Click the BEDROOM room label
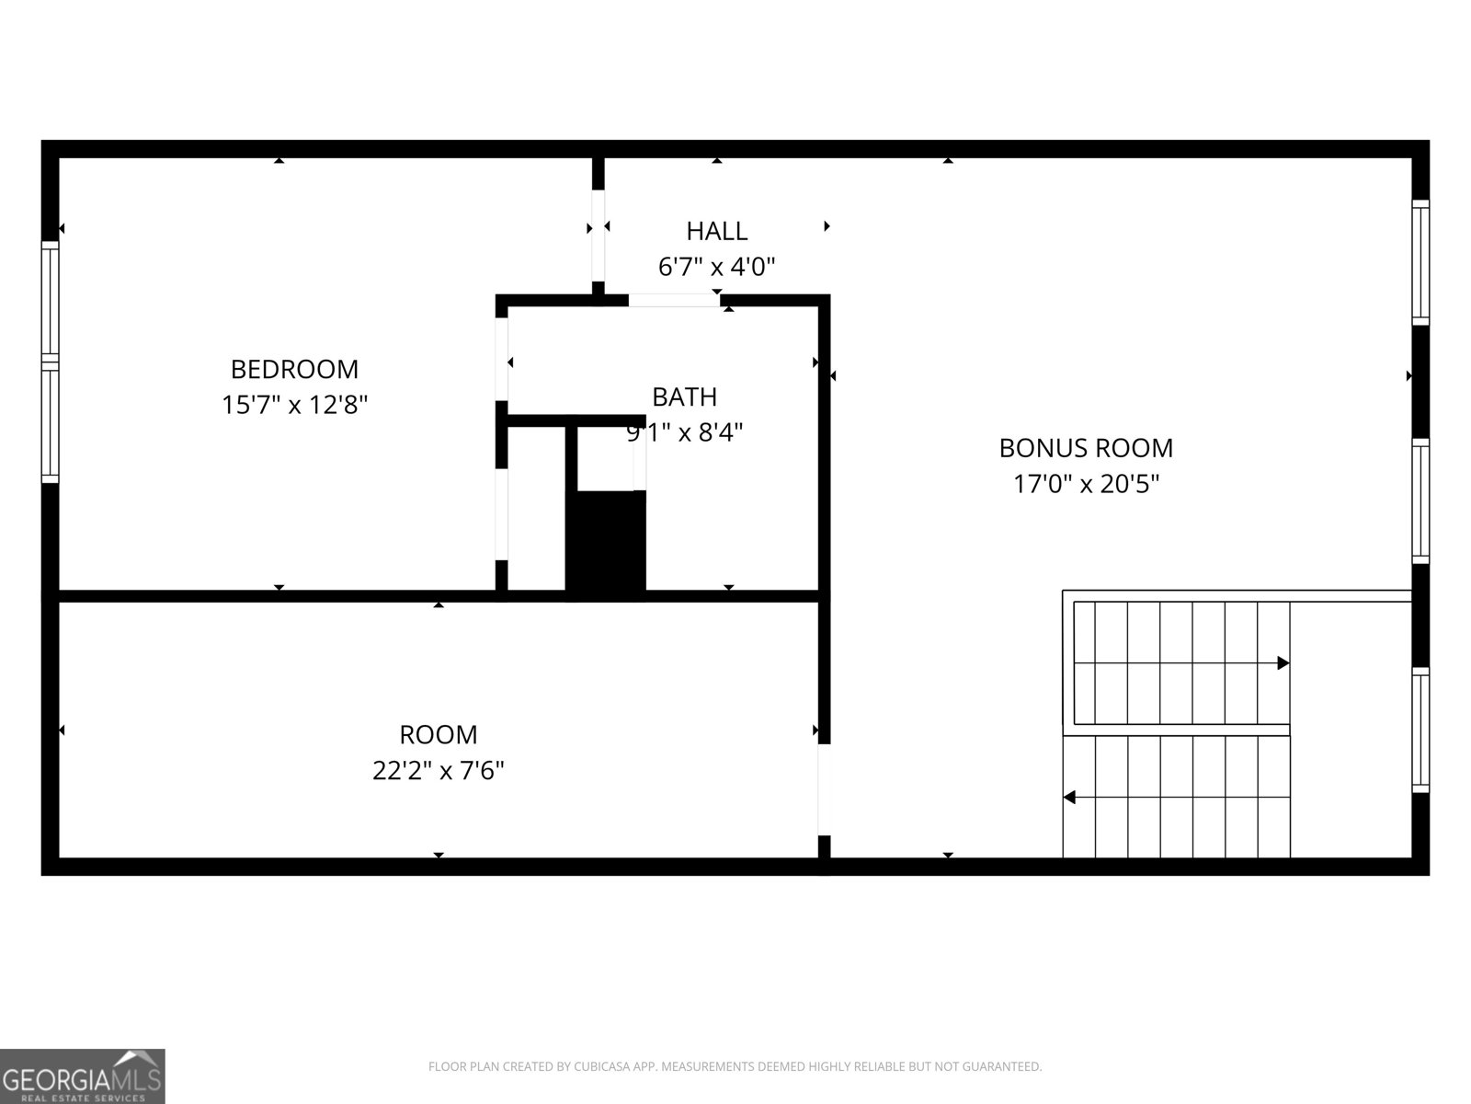click(x=294, y=369)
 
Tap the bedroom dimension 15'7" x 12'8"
click(x=294, y=405)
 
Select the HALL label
click(x=716, y=231)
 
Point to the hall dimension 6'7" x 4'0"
click(x=716, y=267)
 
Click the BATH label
click(x=684, y=397)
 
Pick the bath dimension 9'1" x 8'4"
click(x=684, y=431)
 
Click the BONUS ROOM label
click(x=1086, y=448)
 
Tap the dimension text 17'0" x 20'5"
click(x=1086, y=484)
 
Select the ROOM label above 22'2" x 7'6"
click(x=438, y=734)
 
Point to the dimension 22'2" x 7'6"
click(x=438, y=770)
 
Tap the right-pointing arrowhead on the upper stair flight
click(x=1283, y=663)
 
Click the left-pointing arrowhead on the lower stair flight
click(x=1069, y=797)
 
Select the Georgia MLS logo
click(x=83, y=1075)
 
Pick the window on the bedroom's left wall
click(x=50, y=362)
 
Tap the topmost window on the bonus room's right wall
click(x=1420, y=261)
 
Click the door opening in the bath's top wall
click(x=674, y=300)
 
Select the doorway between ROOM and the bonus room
click(x=824, y=789)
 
